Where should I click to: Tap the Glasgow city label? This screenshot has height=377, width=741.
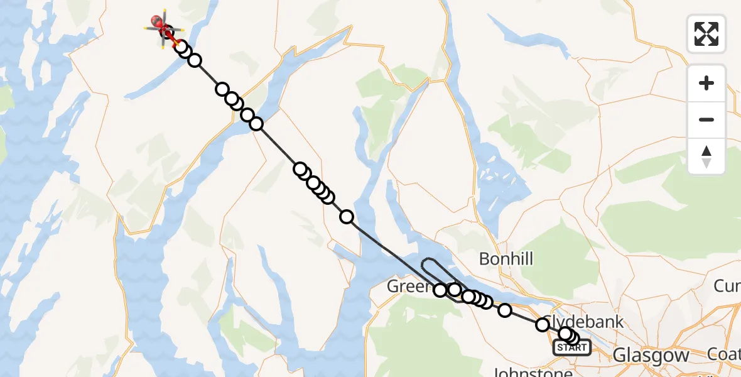(651, 356)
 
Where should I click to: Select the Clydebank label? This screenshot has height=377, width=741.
(587, 322)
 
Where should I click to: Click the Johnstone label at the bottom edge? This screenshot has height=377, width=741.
(528, 372)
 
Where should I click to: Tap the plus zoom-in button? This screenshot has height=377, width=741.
(706, 83)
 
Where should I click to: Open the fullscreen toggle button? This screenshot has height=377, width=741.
(706, 34)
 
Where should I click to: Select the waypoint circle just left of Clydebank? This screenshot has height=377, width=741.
(543, 325)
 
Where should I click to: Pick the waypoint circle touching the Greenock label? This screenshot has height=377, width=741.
(440, 290)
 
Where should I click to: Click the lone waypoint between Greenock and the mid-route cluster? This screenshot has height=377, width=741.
(347, 217)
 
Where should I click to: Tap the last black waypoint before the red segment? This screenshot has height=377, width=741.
(181, 46)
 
